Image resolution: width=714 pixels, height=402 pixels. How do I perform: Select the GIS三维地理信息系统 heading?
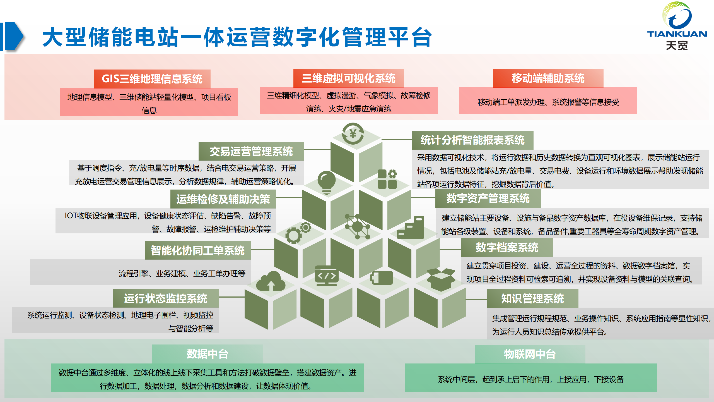click(152, 79)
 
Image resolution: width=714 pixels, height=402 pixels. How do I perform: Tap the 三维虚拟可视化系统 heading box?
click(348, 78)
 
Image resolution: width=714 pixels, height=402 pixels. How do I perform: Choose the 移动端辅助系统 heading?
click(548, 78)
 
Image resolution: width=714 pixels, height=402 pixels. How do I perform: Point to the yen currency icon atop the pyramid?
click(353, 134)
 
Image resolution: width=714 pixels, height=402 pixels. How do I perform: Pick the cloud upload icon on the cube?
click(271, 281)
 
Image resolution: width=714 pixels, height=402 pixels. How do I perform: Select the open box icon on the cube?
click(441, 279)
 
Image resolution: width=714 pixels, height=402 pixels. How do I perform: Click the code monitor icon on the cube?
click(326, 276)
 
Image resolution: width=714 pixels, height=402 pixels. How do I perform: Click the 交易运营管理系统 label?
click(251, 151)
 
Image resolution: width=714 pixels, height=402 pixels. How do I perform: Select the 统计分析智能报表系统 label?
click(472, 140)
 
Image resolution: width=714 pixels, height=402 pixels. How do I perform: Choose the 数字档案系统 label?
click(507, 247)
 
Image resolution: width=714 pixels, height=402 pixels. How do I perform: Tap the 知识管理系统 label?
click(532, 298)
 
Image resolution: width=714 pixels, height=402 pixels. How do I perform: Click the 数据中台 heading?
click(208, 354)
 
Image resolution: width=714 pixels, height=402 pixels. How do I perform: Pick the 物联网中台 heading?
click(530, 354)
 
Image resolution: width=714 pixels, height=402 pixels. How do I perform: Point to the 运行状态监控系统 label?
click(165, 298)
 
